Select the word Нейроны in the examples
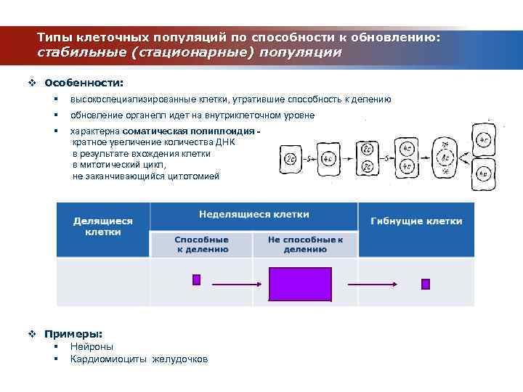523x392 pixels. tap(92, 346)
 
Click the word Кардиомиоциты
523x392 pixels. tap(109, 359)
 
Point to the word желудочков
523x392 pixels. tap(179, 359)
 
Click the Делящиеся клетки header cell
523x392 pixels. tap(103, 226)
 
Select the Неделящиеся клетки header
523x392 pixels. tap(254, 215)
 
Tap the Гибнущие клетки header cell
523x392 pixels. tap(416, 221)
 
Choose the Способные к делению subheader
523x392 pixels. tap(201, 244)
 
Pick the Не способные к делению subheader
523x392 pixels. tap(305, 244)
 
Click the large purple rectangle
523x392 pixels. tap(300, 284)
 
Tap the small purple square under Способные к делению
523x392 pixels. tap(196, 280)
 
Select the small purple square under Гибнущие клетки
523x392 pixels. tap(426, 284)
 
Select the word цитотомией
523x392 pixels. tap(192, 176)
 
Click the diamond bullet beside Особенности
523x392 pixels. tap(32, 83)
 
